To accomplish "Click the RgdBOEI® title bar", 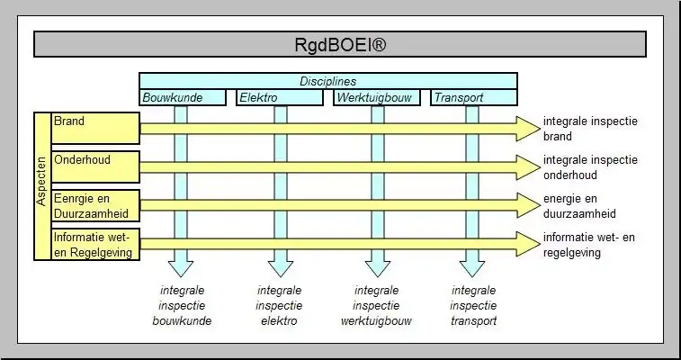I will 340,44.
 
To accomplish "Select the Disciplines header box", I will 328,81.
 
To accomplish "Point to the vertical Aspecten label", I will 41,186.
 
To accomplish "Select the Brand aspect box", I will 95,128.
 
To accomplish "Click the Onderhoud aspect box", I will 95,166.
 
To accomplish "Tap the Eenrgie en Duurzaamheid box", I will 95,204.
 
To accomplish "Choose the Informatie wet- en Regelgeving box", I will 95,244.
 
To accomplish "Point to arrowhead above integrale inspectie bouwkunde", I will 181,266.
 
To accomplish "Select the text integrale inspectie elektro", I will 279,305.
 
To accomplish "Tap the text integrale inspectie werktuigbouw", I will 376,305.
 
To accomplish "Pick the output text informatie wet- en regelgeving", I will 589,245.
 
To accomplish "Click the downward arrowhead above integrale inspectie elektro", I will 280,266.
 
